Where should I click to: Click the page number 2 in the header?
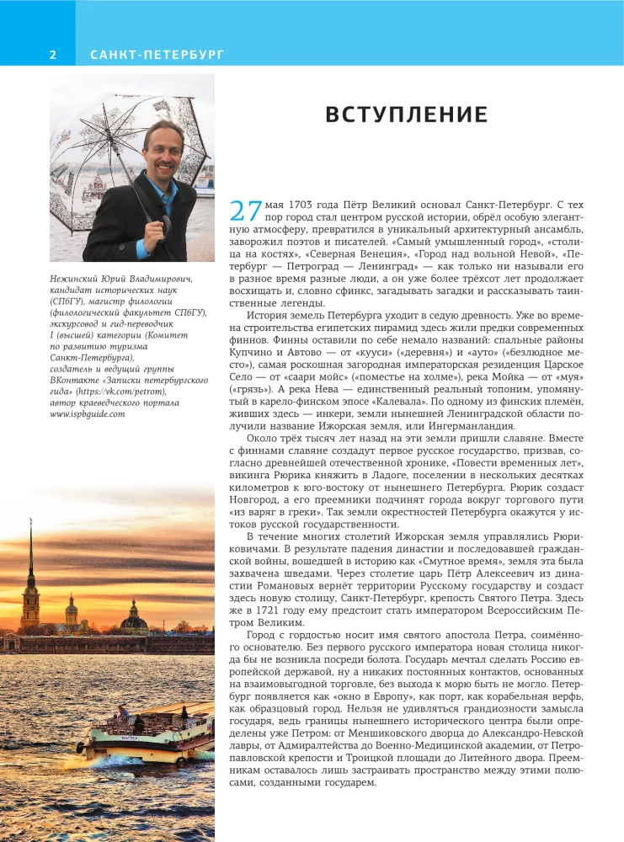[52, 55]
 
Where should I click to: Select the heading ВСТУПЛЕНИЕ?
[407, 115]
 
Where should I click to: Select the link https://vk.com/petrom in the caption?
[128, 391]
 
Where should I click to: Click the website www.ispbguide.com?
[88, 413]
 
